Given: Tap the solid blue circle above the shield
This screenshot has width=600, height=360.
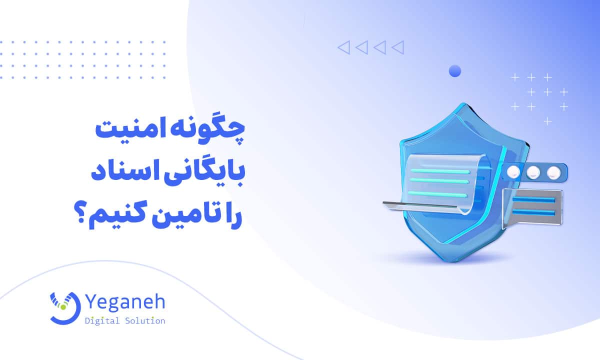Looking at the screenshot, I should [x=455, y=71].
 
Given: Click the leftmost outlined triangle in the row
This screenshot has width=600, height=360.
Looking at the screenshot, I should [x=343, y=47].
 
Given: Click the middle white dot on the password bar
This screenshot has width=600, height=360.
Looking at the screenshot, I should [x=533, y=172].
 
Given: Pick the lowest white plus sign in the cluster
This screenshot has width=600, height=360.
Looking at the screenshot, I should [x=548, y=121].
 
